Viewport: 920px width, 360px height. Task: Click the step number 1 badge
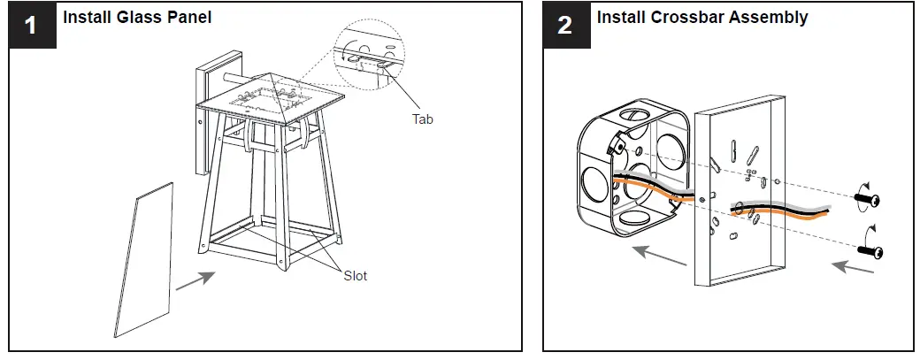31,25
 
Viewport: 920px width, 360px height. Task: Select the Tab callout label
422,119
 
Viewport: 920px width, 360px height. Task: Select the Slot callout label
355,276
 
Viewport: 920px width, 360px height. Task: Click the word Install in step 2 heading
619,17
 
